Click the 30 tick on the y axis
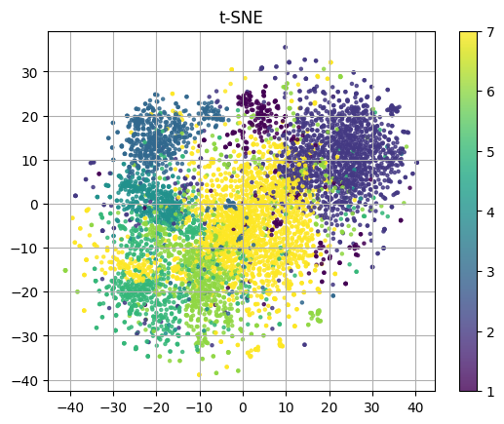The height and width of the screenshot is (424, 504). (x=31, y=72)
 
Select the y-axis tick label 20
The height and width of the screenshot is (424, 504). (x=31, y=116)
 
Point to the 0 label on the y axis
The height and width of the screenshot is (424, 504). (x=35, y=204)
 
